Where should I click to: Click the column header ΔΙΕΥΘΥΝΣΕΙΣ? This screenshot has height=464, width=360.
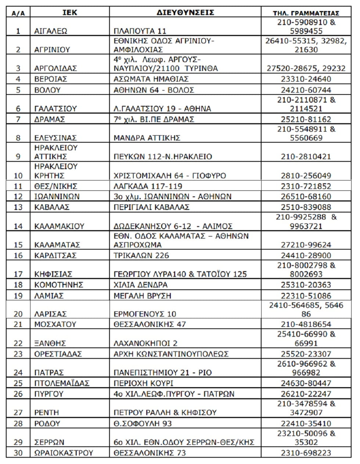(186, 13)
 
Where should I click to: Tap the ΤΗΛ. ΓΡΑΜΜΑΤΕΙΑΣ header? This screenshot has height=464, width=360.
(306, 13)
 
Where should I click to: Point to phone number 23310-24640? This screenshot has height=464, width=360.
(306, 79)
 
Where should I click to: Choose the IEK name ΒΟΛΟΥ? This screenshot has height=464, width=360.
(47, 90)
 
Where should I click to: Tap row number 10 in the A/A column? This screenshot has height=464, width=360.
(18, 176)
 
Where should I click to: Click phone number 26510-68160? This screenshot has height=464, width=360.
(306, 197)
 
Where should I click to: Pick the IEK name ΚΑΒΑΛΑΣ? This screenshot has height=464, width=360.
(52, 207)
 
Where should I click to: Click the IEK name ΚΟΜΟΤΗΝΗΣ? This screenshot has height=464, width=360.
(59, 285)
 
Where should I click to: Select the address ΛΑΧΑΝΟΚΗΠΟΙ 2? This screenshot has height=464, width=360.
(145, 343)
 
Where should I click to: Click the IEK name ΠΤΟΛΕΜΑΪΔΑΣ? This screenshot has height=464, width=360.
(62, 383)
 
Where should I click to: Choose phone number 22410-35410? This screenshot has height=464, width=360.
(306, 424)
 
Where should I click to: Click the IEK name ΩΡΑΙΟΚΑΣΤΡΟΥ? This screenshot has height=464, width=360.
(64, 453)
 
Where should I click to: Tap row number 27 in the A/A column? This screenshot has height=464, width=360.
(18, 413)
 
